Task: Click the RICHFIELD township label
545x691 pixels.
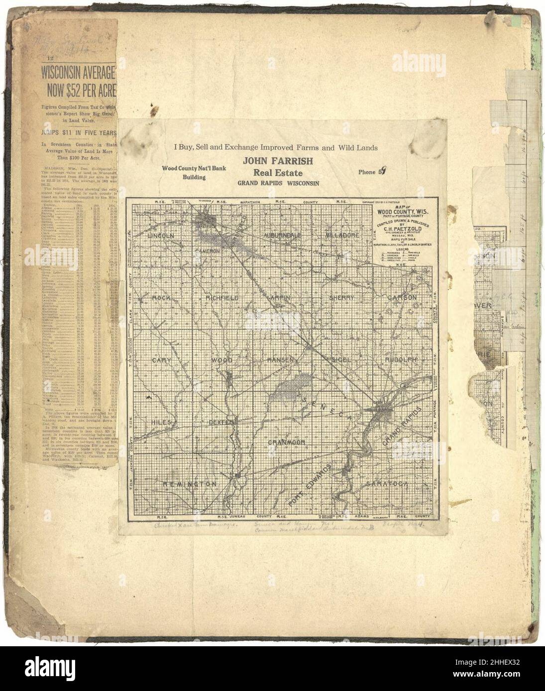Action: click(222, 297)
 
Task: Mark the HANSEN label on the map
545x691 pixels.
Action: click(282, 359)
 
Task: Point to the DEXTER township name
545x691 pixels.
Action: click(221, 422)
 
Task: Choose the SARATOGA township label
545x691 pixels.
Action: click(387, 483)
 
